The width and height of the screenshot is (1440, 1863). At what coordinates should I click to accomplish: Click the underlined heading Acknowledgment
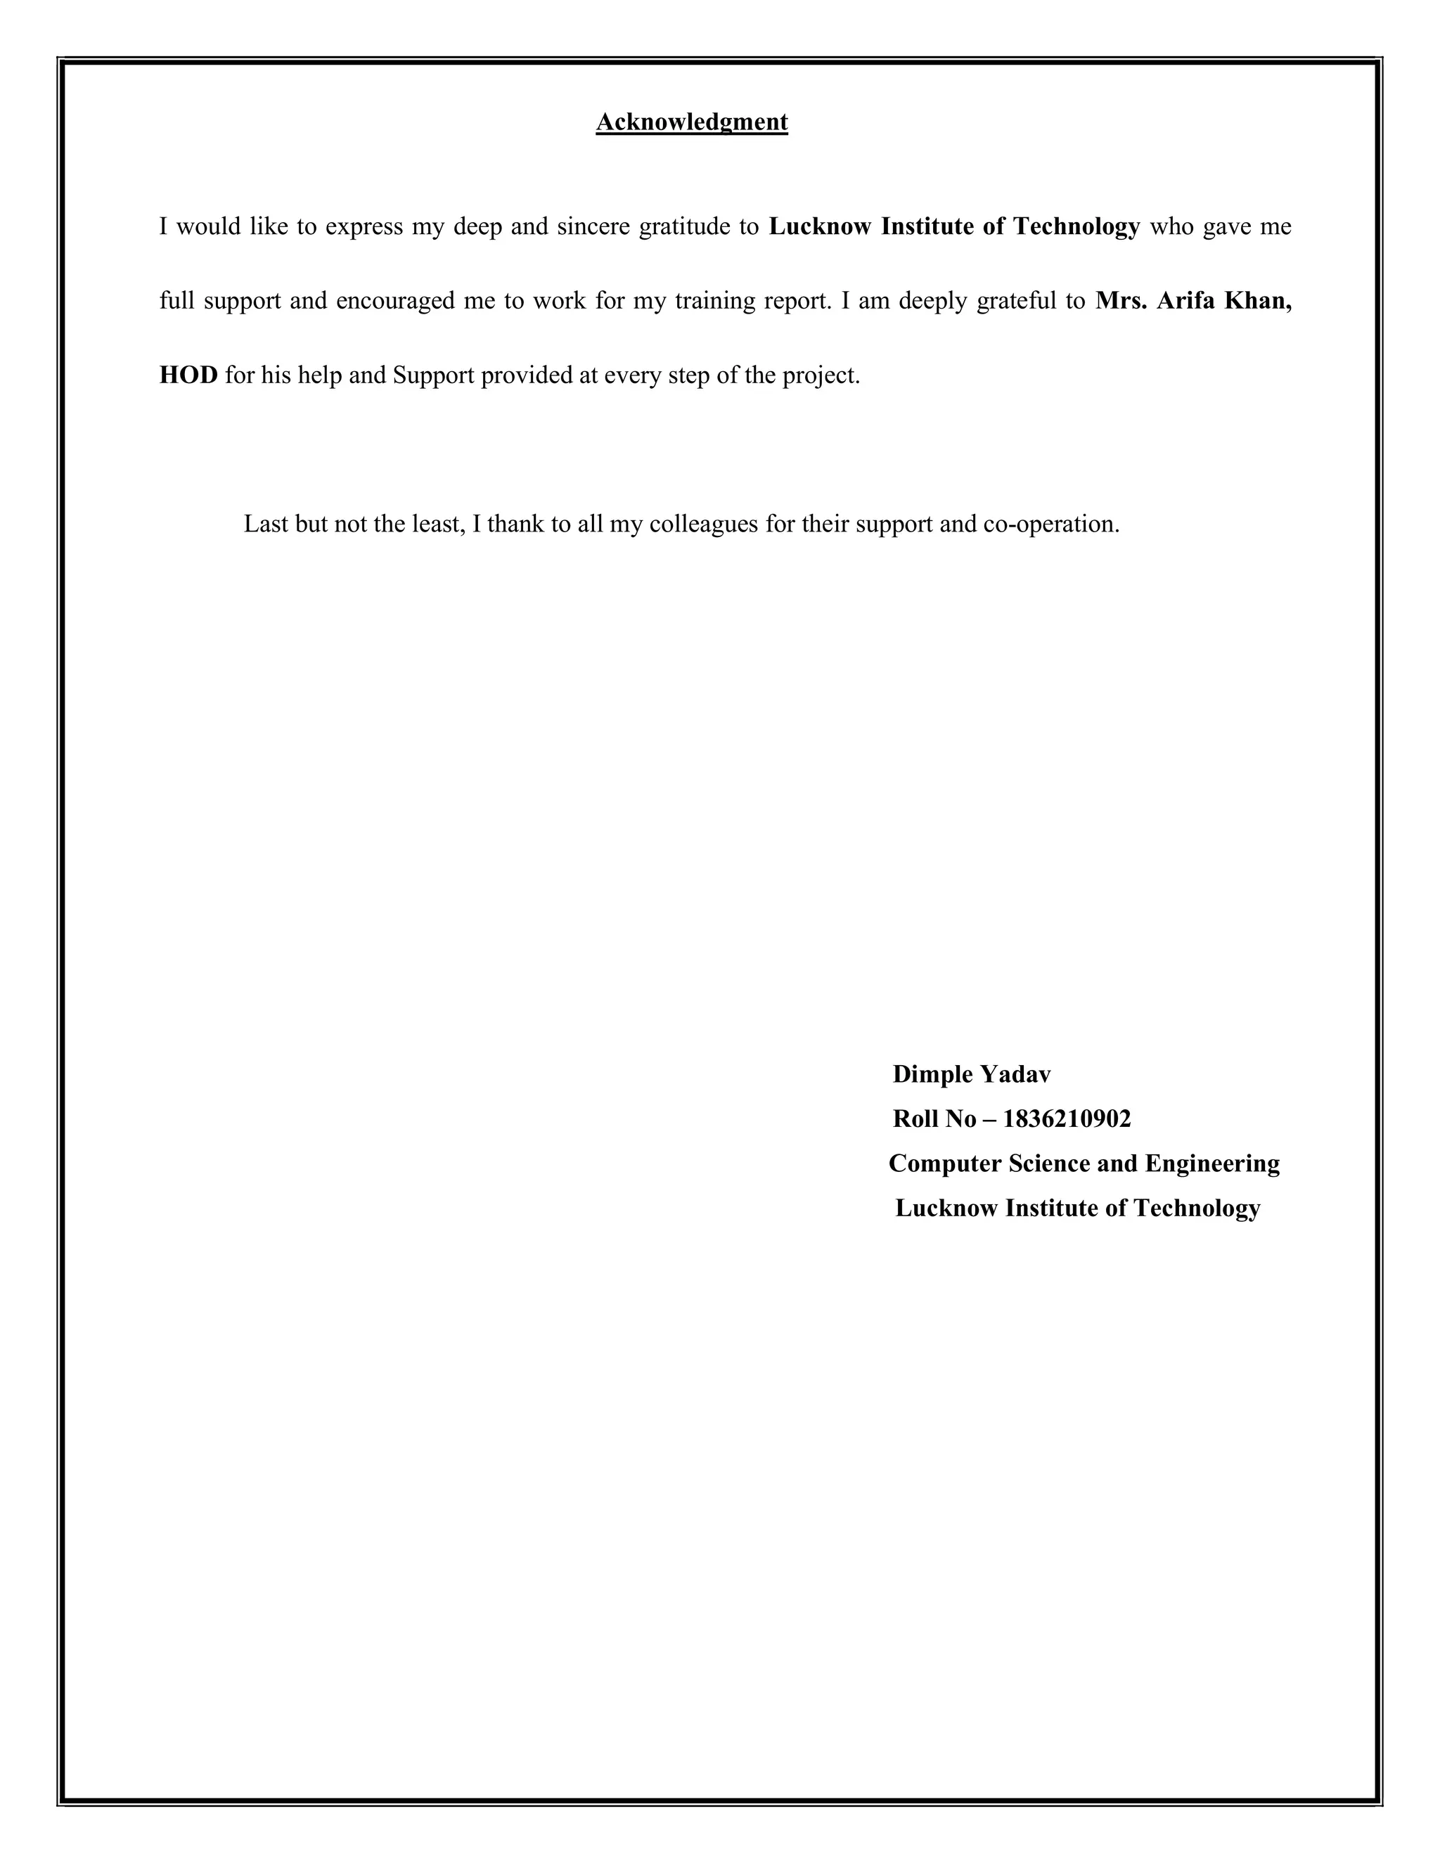click(691, 122)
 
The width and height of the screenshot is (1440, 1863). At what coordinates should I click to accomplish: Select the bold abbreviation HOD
click(188, 375)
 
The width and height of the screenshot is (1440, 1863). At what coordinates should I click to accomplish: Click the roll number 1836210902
click(1067, 1119)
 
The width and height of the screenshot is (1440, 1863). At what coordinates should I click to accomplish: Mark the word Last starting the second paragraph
click(266, 524)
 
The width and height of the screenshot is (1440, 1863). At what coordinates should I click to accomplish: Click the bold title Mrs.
click(1121, 301)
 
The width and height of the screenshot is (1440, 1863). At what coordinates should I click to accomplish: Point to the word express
click(364, 228)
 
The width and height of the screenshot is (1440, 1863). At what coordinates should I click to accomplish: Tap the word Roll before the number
click(915, 1119)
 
